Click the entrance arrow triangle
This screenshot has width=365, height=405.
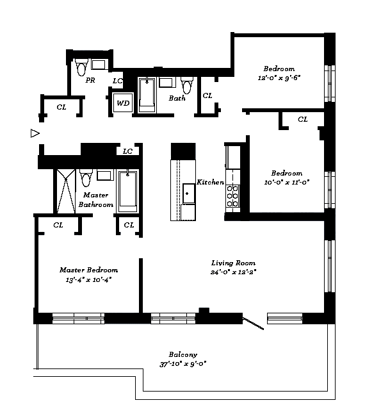coord(35,133)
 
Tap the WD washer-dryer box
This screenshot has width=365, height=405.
coord(123,103)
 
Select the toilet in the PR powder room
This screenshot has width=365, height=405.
coord(81,67)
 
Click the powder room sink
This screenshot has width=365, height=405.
coord(99,64)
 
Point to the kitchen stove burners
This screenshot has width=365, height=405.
coord(232,196)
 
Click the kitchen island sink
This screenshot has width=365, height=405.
coord(188,194)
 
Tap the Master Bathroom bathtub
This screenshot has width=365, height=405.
coord(128,191)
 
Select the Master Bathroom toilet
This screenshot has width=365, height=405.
coord(86,178)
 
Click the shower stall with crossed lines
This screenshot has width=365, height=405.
coord(66,192)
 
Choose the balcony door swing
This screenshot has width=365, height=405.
coord(253,324)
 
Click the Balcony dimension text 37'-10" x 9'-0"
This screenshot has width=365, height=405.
coord(182,364)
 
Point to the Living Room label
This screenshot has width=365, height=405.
coord(233,263)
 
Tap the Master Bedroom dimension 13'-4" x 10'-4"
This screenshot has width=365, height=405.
coord(88,280)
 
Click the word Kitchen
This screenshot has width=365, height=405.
coord(211,182)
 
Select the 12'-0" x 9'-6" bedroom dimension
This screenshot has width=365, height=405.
coord(279,78)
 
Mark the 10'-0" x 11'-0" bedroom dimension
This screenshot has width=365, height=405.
coord(286,182)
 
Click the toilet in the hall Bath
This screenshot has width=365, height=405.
coord(187,85)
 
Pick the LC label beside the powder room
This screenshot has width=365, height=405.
coord(117,81)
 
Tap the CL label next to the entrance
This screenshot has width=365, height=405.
coord(61,107)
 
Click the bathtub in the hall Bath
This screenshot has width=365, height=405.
coord(147,95)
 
